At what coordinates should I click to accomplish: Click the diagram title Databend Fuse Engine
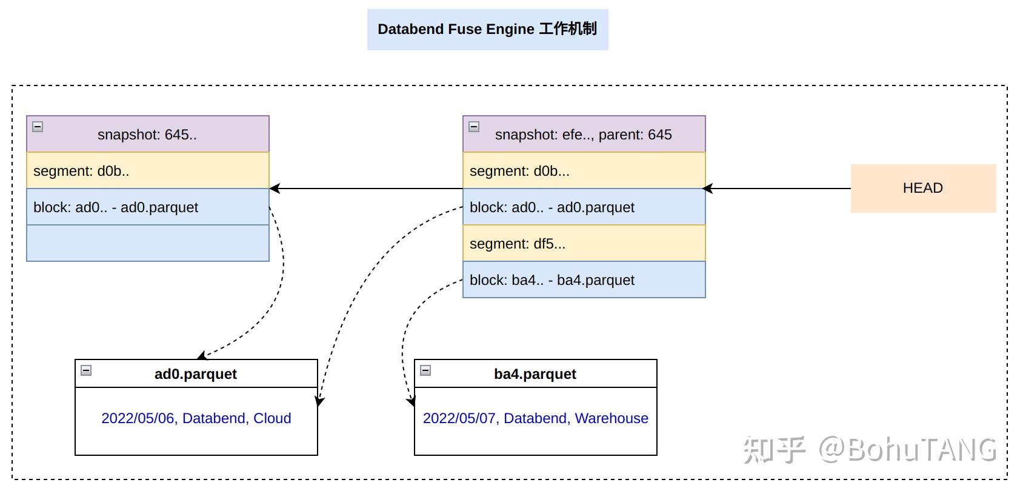click(487, 29)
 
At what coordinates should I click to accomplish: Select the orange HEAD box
click(922, 188)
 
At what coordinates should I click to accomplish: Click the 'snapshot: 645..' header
click(147, 134)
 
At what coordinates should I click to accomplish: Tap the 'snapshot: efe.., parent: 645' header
click(583, 134)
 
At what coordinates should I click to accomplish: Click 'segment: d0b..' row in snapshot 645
click(147, 170)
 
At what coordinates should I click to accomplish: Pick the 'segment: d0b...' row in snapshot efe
click(583, 170)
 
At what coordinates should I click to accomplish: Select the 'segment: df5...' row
click(583, 243)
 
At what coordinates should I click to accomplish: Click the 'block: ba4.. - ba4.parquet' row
click(583, 279)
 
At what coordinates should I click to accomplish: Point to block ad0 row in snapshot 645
click(147, 207)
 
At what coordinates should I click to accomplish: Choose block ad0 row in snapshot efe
click(583, 207)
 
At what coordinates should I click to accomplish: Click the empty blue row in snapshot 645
click(147, 243)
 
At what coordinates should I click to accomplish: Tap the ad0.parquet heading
click(196, 374)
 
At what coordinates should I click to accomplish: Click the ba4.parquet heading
click(535, 374)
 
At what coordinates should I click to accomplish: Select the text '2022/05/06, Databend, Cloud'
click(196, 418)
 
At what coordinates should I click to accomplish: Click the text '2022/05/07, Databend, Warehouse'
click(535, 418)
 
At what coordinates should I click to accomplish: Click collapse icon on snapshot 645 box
click(38, 126)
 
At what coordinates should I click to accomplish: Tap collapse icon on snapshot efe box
click(474, 126)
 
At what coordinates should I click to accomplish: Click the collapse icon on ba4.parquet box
click(425, 370)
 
